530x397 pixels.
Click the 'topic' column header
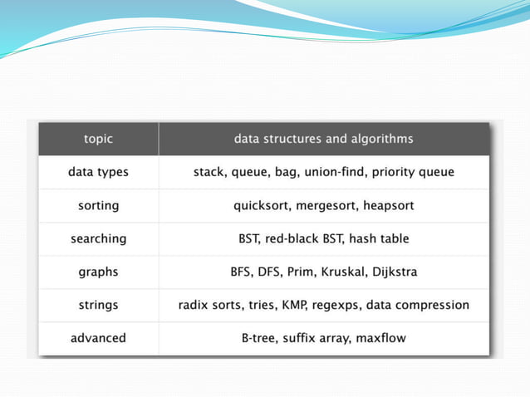pos(98,139)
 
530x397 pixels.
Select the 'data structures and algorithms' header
pos(323,139)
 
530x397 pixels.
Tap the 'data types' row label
pos(98,172)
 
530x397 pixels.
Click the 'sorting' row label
pos(98,205)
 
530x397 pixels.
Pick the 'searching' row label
pos(98,238)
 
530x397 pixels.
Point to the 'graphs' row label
pos(98,272)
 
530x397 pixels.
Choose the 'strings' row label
pos(98,305)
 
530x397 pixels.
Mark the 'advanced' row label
pos(98,338)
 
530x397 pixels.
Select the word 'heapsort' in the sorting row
pos(385,205)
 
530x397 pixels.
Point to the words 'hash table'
pos(379,238)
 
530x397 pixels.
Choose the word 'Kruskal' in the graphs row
pos(336,272)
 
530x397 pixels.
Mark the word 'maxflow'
pos(380,338)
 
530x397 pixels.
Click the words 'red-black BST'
pos(302,238)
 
